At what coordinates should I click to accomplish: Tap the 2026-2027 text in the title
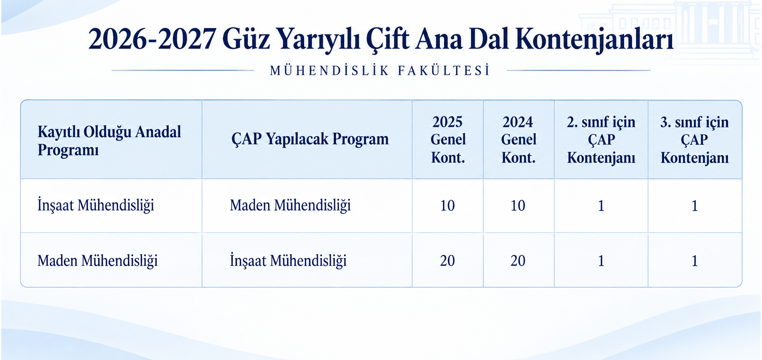coord(152,39)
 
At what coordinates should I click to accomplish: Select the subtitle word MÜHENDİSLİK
coord(330,71)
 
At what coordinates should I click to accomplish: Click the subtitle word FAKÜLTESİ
coord(444,71)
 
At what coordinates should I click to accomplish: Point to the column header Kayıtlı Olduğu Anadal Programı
coord(109,140)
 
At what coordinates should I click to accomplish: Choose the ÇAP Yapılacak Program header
coord(310,139)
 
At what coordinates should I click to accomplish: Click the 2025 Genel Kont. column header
coord(448,139)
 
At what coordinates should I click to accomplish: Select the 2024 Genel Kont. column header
coord(518,139)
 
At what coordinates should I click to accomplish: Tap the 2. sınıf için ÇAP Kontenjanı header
coord(601,139)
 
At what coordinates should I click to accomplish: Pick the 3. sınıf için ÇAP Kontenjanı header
coord(695,139)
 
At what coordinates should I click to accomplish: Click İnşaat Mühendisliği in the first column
coord(96,205)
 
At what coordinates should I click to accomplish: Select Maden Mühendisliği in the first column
coord(98,261)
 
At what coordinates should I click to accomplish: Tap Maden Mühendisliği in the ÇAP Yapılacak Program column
coord(290,205)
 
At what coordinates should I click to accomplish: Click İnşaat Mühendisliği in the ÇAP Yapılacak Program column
coord(288,261)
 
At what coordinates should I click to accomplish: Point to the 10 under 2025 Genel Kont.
coord(447,205)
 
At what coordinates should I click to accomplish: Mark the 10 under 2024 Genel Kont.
coord(518,205)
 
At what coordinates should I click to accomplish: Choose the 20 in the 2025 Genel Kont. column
coord(447,261)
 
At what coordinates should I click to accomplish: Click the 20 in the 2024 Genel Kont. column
coord(518,261)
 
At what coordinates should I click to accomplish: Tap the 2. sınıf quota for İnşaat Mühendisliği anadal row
coord(601,205)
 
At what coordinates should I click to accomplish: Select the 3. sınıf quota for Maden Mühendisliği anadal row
coord(695,261)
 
